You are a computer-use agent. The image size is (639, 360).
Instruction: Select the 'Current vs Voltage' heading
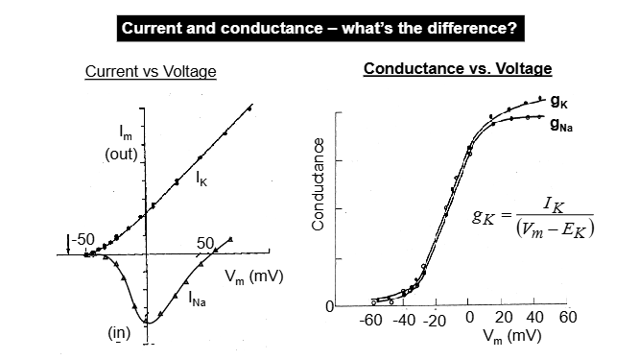[x=151, y=72]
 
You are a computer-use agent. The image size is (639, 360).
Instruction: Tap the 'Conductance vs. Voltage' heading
[x=458, y=70]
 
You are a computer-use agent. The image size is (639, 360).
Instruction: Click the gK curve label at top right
[x=559, y=101]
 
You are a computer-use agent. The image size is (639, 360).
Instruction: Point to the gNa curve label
[x=561, y=123]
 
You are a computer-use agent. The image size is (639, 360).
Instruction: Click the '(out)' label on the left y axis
[x=122, y=156]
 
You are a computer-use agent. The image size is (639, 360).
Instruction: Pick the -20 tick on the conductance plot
[x=435, y=320]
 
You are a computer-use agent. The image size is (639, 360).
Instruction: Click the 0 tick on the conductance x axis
[x=468, y=319]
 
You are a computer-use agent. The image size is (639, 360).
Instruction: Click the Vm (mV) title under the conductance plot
[x=507, y=338]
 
